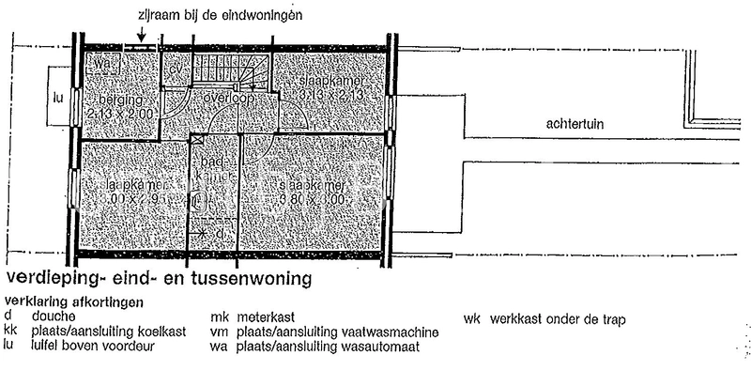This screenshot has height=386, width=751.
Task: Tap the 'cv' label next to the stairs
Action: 176,71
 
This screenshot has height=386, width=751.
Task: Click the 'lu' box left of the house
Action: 59,96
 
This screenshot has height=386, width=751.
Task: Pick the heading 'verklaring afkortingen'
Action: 75,302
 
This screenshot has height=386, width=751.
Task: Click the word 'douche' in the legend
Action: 52,317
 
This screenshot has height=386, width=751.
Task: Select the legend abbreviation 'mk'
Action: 220,317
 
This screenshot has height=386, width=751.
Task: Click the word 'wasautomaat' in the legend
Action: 381,346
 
